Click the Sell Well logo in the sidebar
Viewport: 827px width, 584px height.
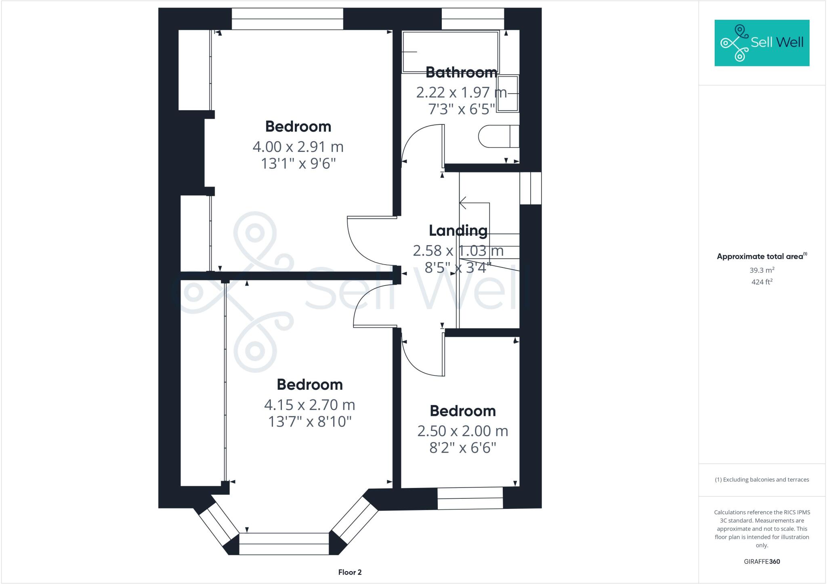[762, 43]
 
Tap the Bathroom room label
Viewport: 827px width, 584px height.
[461, 72]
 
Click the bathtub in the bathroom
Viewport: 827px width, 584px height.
[450, 52]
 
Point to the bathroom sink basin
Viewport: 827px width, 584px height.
[507, 93]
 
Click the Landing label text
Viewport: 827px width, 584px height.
[458, 231]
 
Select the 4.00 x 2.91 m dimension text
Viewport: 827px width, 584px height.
[298, 147]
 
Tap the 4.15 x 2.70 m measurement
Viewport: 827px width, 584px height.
[309, 404]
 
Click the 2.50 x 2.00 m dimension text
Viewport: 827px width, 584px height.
[462, 431]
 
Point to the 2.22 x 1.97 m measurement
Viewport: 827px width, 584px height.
[461, 92]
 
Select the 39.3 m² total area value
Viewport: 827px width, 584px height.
[762, 270]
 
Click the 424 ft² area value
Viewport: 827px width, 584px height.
[762, 282]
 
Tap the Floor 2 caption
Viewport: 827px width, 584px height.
[350, 572]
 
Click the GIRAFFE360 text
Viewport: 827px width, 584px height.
[762, 561]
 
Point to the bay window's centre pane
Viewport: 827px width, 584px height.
[284, 544]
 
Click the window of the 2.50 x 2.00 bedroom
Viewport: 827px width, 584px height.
[470, 498]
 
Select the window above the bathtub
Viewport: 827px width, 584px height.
[472, 19]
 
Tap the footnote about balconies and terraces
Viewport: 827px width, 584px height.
[762, 480]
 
